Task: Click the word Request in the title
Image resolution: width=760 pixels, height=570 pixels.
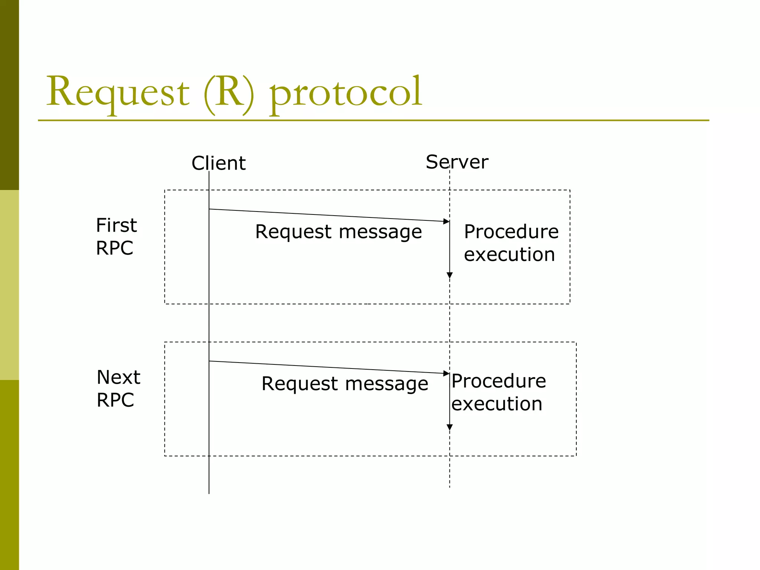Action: coord(118,92)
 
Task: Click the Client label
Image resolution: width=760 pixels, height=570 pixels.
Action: coord(219,163)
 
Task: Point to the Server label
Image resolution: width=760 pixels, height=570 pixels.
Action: coord(457,162)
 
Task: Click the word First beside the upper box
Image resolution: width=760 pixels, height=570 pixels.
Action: coord(116,225)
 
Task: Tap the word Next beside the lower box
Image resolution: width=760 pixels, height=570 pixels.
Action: coord(118,377)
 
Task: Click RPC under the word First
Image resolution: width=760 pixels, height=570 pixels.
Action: coord(115,248)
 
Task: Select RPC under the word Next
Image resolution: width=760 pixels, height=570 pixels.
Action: coord(115,400)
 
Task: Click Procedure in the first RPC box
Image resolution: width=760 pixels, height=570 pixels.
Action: coord(511,232)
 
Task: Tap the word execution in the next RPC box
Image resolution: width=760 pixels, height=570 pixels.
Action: coord(497,404)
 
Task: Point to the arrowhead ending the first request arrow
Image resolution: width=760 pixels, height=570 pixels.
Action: coord(446,222)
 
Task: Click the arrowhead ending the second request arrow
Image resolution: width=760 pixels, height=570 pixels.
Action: coord(446,373)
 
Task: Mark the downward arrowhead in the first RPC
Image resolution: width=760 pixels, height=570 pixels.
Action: coord(450,275)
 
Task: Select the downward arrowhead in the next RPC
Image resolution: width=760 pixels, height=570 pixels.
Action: coord(450,427)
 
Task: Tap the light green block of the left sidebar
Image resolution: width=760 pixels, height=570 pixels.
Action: coord(9,285)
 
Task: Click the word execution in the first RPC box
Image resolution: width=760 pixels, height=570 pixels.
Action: coord(509,255)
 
